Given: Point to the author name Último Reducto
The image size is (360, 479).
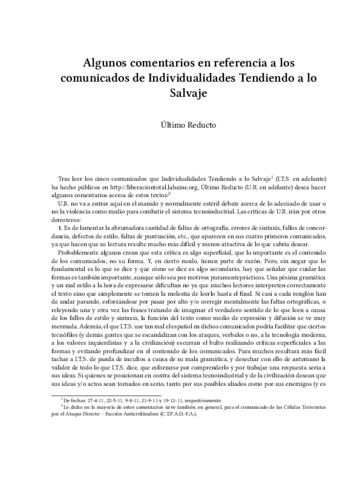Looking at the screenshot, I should coord(180,125).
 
